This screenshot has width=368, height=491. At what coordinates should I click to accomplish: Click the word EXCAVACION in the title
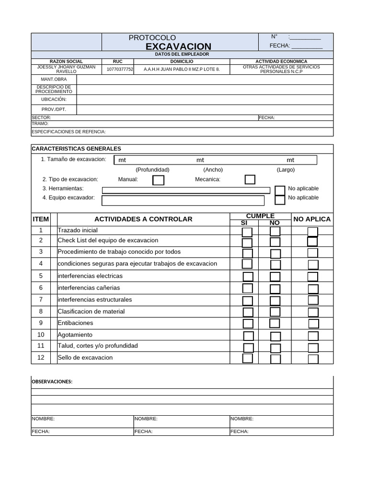(x=178, y=46)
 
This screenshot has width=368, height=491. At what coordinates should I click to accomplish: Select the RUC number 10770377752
(x=120, y=69)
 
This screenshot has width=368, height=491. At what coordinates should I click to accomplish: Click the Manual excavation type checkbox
(x=158, y=180)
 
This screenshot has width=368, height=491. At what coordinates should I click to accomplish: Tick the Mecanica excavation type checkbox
(x=250, y=179)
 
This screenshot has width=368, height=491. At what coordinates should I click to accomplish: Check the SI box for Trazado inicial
(x=247, y=232)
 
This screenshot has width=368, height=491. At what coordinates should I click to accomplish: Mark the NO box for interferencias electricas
(x=275, y=277)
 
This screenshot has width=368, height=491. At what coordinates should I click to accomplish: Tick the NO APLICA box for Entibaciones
(x=313, y=324)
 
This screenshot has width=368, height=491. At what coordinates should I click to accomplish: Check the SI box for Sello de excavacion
(x=247, y=358)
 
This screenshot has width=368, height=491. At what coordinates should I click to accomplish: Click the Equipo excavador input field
(x=183, y=200)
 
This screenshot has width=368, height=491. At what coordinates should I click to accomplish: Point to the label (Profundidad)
(x=152, y=170)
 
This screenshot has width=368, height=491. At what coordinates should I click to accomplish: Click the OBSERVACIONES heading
(x=52, y=382)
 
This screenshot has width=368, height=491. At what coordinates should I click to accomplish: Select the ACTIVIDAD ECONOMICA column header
(x=281, y=61)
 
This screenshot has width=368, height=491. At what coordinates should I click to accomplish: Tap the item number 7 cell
(x=41, y=300)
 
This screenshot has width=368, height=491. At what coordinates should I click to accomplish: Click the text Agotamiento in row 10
(x=75, y=335)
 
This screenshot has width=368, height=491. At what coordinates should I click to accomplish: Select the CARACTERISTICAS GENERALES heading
(x=76, y=149)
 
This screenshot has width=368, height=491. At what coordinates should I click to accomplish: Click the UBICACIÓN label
(x=54, y=99)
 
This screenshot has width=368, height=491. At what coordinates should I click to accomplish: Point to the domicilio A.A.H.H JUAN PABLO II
(x=182, y=69)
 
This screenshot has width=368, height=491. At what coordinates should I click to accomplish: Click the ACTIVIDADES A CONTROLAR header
(x=143, y=219)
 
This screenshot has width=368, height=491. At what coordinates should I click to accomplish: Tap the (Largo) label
(x=286, y=170)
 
